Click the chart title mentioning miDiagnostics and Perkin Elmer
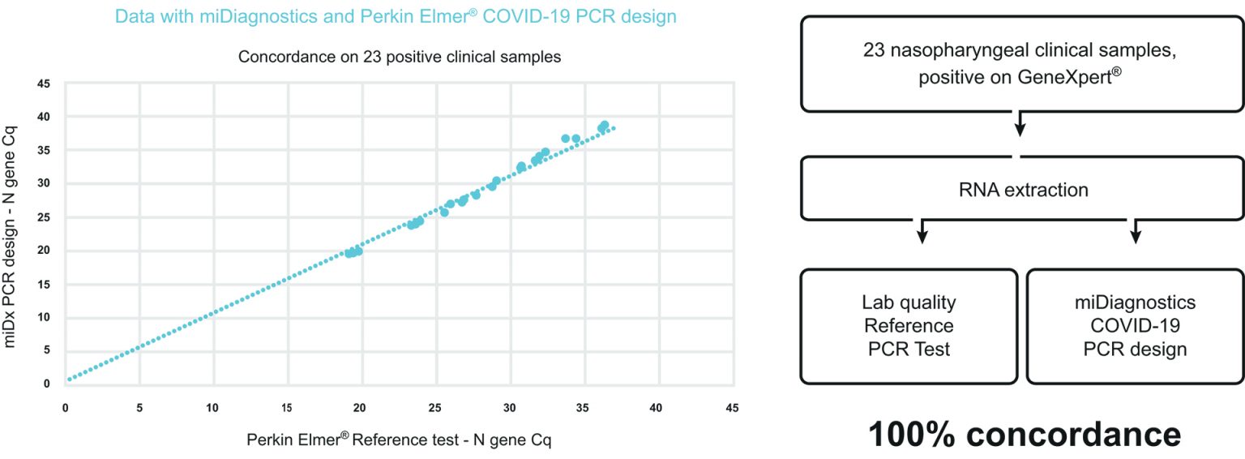396,16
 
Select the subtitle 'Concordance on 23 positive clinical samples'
400,58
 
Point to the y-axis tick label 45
45,83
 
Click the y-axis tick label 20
45,250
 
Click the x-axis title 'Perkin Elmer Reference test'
399,440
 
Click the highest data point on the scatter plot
604,125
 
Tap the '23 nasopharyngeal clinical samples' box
1021,64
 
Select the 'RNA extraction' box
1021,191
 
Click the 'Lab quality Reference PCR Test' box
909,326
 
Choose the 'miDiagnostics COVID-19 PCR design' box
1135,326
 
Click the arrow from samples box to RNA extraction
1020,123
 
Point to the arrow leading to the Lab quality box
922,231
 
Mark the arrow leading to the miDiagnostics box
1136,231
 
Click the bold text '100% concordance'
1024,435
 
